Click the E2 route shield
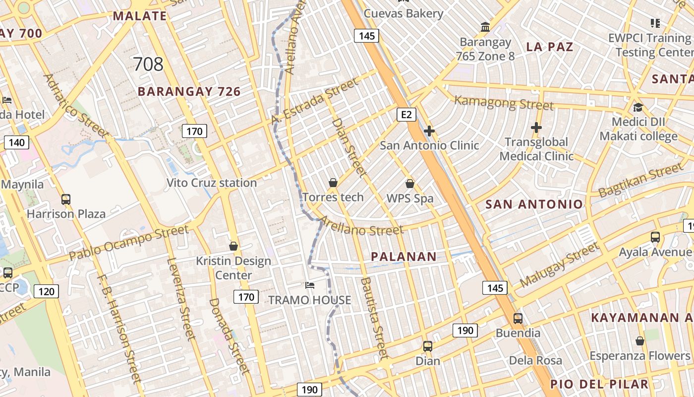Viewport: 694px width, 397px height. pos(406,115)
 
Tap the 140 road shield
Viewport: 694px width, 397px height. pos(16,143)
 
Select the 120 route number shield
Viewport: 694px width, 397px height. pos(46,291)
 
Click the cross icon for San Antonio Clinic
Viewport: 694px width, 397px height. pos(429,131)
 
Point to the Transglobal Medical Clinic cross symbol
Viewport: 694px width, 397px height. pos(536,128)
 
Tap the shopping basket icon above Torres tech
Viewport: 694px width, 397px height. pos(333,183)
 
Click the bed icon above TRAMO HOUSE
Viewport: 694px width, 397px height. pos(310,285)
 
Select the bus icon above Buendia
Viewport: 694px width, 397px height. pos(518,318)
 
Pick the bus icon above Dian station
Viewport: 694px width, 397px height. pos(428,346)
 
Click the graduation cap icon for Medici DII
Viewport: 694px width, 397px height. pos(638,107)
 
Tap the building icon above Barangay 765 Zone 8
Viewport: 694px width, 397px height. pos(485,27)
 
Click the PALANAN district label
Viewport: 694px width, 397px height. pos(404,257)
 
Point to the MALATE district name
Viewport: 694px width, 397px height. pos(140,16)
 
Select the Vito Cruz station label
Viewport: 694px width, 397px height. pos(212,183)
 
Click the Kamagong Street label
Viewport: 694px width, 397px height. pos(504,103)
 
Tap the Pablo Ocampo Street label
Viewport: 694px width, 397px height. pos(129,243)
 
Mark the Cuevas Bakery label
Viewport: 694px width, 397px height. pos(404,13)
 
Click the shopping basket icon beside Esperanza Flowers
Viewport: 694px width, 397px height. pos(640,341)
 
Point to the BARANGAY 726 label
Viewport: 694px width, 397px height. pos(189,91)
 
